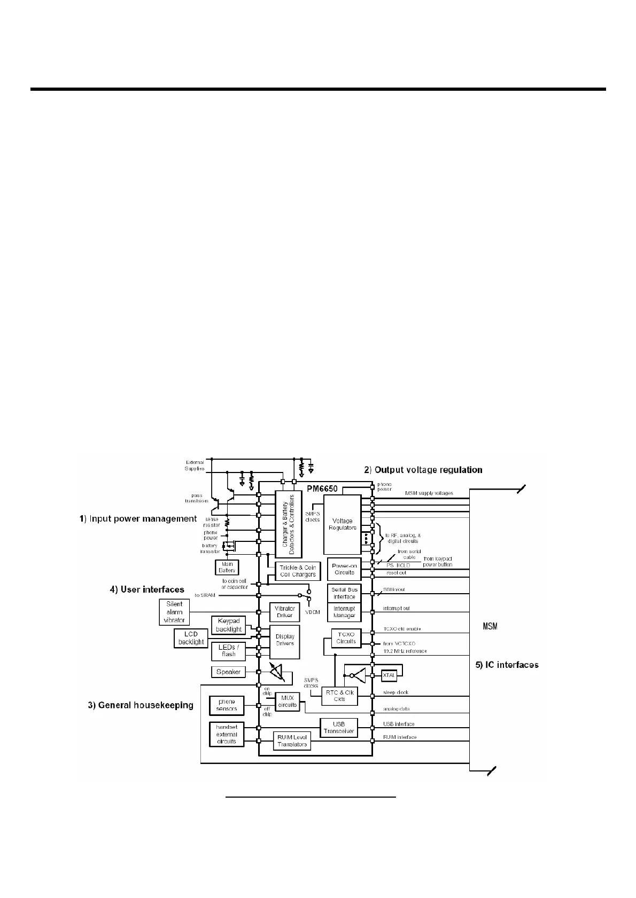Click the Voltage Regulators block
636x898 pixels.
point(342,524)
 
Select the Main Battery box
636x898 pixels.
point(227,567)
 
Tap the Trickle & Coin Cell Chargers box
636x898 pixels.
point(298,571)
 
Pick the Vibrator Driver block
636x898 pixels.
point(284,612)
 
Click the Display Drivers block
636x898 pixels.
point(284,640)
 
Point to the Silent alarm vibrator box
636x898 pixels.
point(174,612)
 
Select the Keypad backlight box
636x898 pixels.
point(229,625)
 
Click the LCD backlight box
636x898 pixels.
point(191,638)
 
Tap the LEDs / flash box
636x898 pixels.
point(229,650)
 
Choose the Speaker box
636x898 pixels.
point(228,672)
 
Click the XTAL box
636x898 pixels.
point(389,675)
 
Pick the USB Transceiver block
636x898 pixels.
point(338,728)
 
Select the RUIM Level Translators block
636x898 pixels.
point(292,741)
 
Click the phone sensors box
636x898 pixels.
point(227,705)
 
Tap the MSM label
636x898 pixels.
point(490,626)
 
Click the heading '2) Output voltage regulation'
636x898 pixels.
point(423,470)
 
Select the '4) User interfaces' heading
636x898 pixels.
point(147,589)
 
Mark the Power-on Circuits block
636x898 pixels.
point(344,569)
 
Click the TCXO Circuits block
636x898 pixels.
point(346,638)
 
